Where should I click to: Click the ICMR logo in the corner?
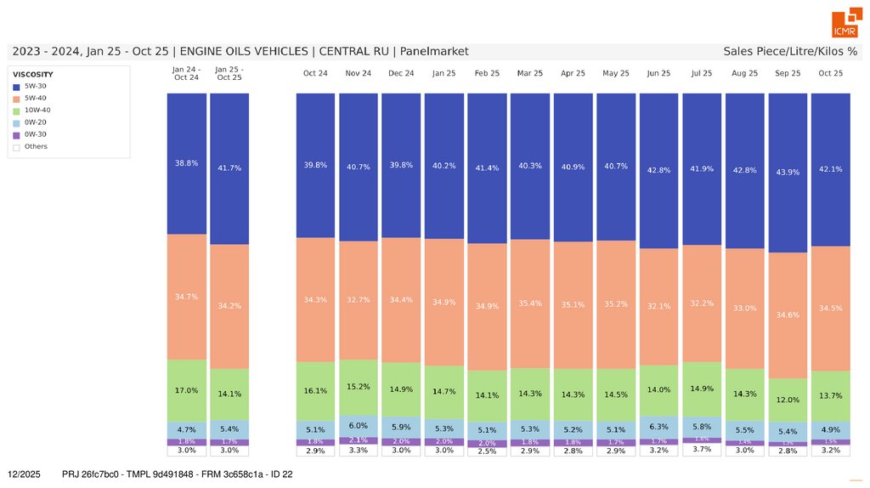coord(845,24)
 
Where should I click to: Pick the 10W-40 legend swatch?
coord(16,111)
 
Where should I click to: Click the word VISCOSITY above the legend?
coord(33,74)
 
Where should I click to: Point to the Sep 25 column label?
coord(788,74)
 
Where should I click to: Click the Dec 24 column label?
coord(401,74)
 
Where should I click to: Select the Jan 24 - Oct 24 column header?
coord(186,73)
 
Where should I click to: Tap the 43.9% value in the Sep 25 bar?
coord(788,173)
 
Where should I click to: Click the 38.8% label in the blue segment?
coord(186,163)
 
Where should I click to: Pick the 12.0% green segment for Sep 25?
coord(788,400)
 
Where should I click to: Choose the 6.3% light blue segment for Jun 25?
coord(658,427)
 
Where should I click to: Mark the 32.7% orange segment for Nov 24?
coord(358,300)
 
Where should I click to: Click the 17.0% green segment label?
coord(186,391)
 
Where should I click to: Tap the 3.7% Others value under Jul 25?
coord(702,449)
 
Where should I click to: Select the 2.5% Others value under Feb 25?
coord(487,451)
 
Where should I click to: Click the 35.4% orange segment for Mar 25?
coord(530,304)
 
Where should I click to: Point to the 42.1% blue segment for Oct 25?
coord(830,169)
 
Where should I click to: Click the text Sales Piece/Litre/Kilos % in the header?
coord(790,52)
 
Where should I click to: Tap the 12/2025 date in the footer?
coord(24,474)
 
